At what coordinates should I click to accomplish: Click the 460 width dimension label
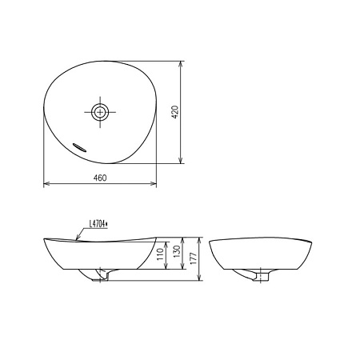100,178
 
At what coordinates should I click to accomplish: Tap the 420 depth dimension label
174,112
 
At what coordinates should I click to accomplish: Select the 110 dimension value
160,254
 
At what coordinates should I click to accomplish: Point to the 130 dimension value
177,251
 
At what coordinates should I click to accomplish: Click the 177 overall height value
194,258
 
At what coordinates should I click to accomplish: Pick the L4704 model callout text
98,224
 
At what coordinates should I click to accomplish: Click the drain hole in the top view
100,112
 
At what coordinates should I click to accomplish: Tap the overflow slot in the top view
79,147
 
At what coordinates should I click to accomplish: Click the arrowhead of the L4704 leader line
78,238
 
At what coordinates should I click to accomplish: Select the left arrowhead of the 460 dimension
46,183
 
